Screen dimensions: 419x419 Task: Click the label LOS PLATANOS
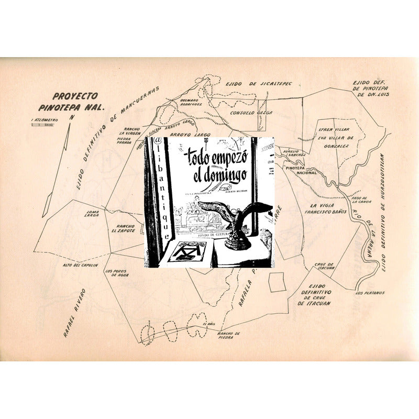point(370,293)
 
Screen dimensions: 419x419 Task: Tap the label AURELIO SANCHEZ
point(294,153)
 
